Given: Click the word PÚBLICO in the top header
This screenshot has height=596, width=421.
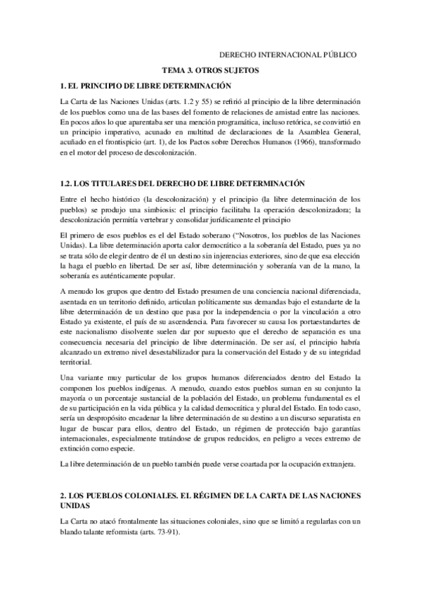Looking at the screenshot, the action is (x=339, y=53).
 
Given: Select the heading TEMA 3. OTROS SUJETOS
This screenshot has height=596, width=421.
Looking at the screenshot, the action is (x=211, y=70).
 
